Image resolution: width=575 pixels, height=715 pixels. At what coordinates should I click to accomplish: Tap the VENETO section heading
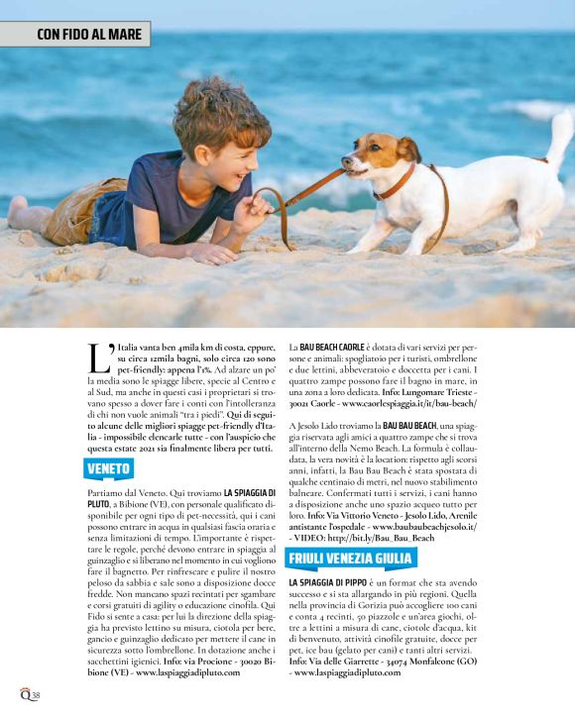109,467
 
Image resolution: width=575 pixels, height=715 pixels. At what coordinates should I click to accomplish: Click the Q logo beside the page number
24,695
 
